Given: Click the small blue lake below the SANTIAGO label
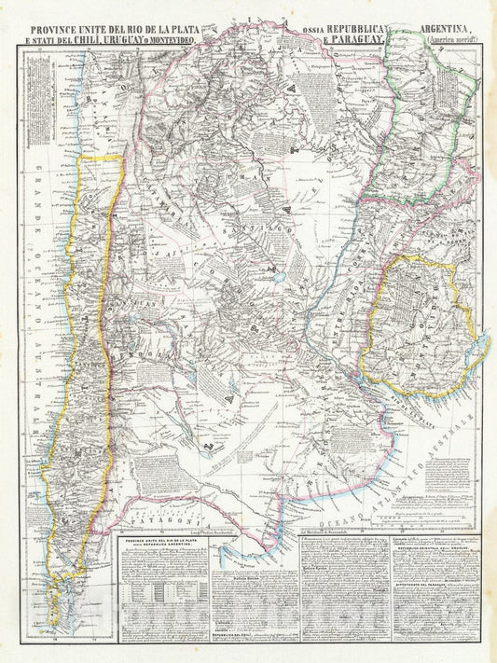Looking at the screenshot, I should click(x=277, y=277).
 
